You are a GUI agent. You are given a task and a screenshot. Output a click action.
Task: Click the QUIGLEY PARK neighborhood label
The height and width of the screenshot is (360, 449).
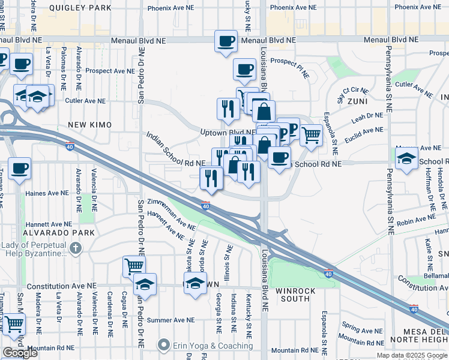click(x=80, y=8)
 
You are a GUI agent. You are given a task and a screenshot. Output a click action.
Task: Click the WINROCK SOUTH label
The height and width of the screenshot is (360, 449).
click(x=292, y=295)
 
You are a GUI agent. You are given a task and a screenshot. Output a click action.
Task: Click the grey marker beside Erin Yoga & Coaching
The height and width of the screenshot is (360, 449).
click(x=163, y=345)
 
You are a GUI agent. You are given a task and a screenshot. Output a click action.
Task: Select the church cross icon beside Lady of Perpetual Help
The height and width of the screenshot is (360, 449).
click(x=75, y=248)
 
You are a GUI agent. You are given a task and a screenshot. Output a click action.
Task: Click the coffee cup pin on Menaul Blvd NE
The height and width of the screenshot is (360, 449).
click(x=226, y=41)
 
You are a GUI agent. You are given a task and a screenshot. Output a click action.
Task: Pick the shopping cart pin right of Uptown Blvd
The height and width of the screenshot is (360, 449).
click(x=310, y=136)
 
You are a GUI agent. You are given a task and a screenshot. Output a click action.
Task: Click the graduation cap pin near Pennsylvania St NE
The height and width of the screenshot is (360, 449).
click(x=407, y=159)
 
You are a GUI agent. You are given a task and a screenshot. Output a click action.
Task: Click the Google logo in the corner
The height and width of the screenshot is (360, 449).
click(x=20, y=353)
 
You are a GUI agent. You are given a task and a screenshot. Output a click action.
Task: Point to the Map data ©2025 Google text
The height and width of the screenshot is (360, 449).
click(x=411, y=355)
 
